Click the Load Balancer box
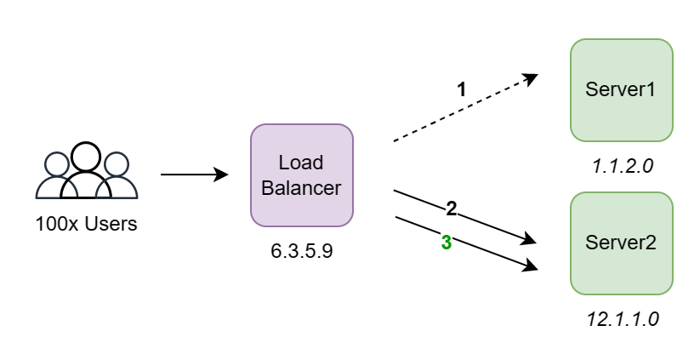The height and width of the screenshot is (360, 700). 302,175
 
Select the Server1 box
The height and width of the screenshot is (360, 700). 622,90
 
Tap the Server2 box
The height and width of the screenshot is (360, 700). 622,243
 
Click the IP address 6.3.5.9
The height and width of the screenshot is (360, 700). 302,251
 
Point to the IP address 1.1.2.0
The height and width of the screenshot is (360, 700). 623,166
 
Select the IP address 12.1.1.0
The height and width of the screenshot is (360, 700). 623,319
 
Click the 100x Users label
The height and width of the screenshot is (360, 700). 86,224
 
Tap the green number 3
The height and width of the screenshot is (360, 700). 447,243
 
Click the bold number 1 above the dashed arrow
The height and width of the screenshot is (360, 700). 462,89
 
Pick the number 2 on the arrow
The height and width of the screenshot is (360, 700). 452,209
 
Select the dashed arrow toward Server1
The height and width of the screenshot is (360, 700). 465,107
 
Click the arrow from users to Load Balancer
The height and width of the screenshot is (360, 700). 195,174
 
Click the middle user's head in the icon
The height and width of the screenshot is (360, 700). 86,157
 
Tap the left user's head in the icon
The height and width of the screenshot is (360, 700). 57,164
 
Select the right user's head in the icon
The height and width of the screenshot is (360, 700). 117,164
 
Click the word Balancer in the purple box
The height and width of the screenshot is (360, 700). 301,188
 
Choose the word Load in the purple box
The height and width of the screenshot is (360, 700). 301,163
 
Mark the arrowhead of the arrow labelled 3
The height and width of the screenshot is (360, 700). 531,265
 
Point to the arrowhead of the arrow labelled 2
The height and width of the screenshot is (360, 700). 529,239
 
